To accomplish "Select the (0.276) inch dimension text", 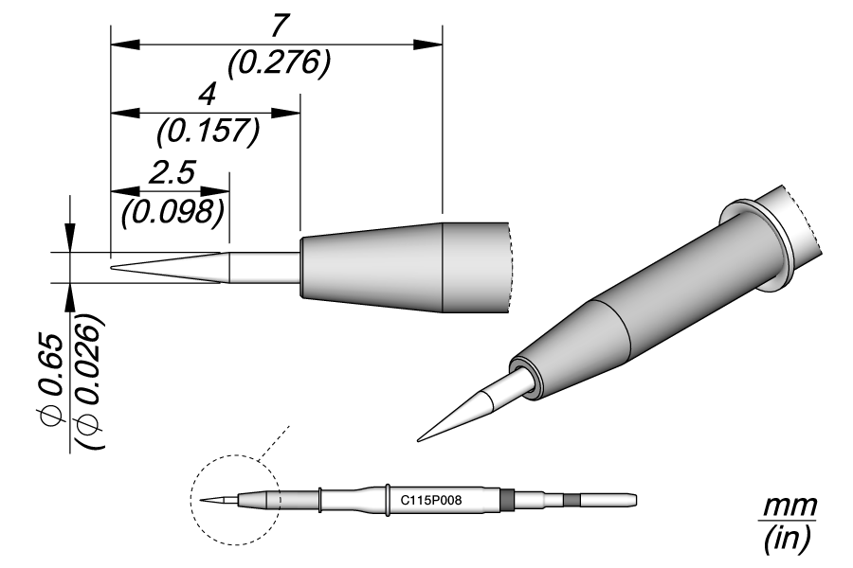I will (x=279, y=62).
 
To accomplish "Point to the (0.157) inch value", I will (x=208, y=131).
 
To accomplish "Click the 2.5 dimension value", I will (x=172, y=172).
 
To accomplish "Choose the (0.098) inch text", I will (x=172, y=208).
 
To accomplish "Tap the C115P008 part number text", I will (x=431, y=499).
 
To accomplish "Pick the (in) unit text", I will (x=786, y=541).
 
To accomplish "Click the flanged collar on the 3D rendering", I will (x=758, y=242).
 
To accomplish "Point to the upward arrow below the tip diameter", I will (x=69, y=295).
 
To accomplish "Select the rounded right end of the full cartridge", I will (x=633, y=499).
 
